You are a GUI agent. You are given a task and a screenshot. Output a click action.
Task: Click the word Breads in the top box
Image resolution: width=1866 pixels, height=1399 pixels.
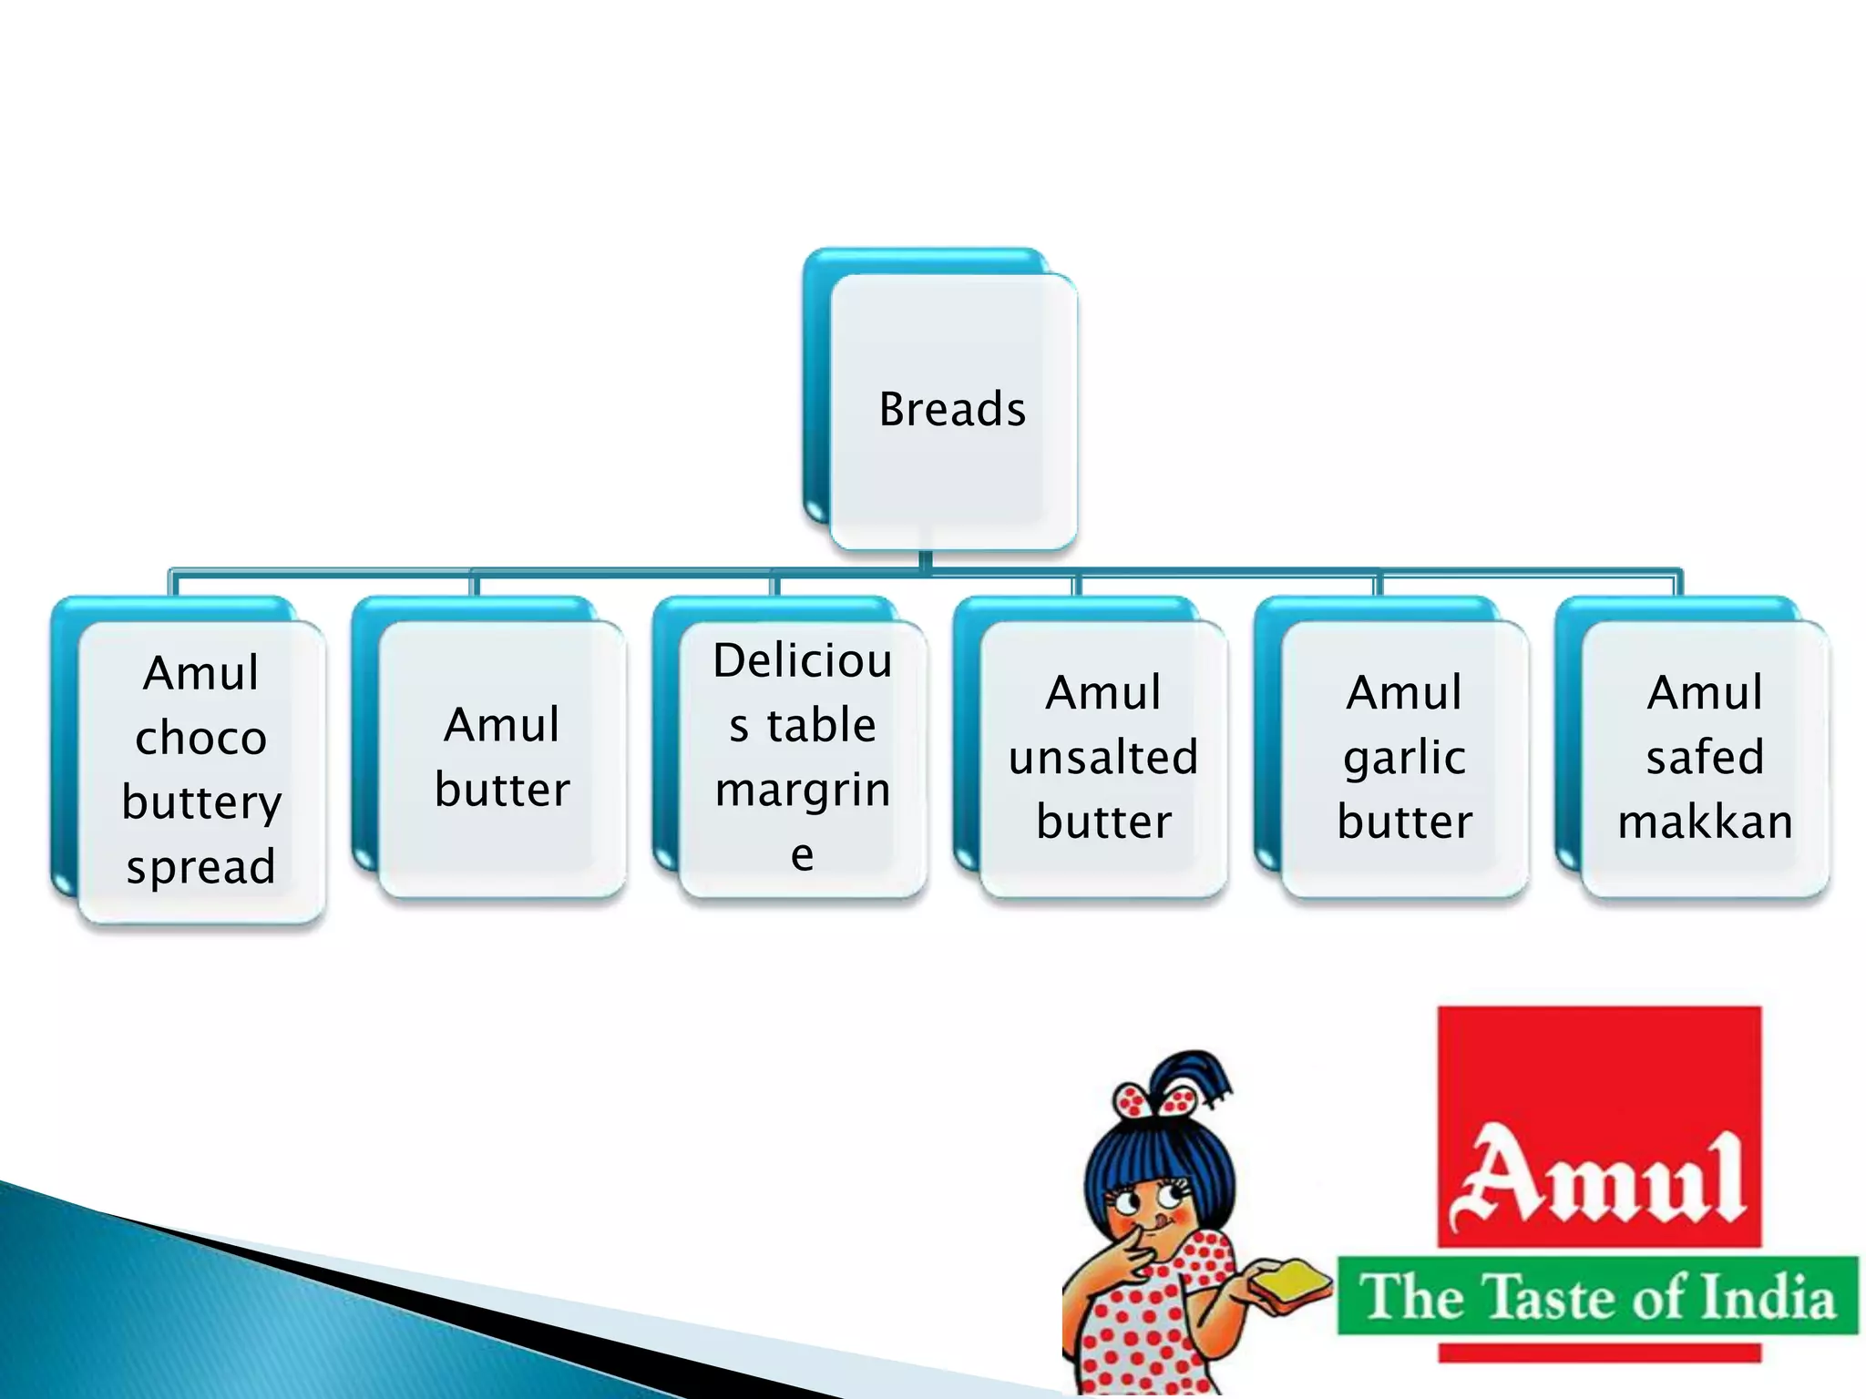click(x=952, y=409)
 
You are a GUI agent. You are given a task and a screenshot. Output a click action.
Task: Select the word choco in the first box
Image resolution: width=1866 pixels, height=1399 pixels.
click(x=201, y=738)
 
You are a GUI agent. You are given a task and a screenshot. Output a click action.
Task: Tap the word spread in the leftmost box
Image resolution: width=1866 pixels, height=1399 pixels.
click(x=201, y=867)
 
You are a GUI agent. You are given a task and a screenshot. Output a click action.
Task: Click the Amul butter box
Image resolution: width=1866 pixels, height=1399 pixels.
click(x=502, y=758)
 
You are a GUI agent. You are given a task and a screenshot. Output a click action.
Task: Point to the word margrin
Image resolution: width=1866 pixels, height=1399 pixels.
click(x=803, y=791)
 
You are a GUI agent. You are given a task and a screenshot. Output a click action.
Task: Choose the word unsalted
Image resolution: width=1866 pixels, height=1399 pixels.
click(x=1103, y=758)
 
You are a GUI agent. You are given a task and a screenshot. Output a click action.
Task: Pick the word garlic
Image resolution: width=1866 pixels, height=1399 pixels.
click(x=1405, y=758)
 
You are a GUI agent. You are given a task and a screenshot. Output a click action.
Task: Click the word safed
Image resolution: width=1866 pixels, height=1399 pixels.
click(x=1705, y=758)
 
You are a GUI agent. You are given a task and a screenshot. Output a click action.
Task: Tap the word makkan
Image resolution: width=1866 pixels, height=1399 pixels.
click(x=1705, y=822)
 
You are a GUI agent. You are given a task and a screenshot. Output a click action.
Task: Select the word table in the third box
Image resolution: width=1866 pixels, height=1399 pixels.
click(x=822, y=726)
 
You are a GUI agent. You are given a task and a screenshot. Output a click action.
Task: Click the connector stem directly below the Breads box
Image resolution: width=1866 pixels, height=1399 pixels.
click(x=926, y=560)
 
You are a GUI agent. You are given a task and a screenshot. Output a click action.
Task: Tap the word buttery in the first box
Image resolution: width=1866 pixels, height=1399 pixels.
click(x=201, y=802)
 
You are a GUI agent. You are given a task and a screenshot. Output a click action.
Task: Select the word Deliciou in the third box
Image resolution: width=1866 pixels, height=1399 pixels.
click(x=803, y=661)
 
